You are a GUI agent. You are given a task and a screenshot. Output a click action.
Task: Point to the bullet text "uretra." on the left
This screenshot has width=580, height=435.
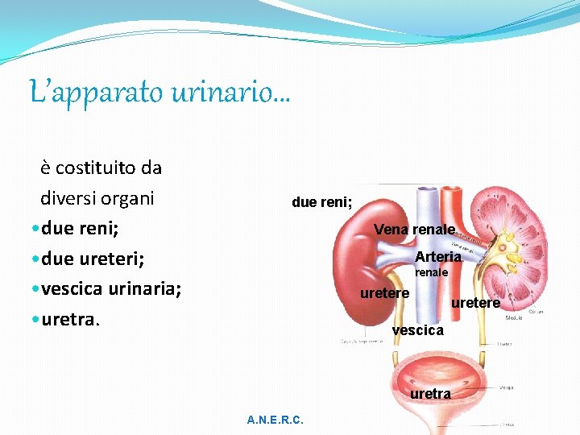(70, 320)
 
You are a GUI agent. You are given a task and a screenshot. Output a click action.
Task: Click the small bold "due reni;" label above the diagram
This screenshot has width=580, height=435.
(321, 202)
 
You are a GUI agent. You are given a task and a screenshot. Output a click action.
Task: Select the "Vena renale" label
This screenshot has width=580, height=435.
(414, 230)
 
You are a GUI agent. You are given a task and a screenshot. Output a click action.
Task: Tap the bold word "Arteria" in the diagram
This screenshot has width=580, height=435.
(438, 256)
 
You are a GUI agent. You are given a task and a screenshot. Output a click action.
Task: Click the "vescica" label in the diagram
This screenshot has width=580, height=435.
(417, 330)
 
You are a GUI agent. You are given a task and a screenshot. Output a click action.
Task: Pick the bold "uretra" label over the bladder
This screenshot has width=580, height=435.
(430, 394)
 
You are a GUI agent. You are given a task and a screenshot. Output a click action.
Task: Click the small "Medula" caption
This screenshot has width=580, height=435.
(513, 318)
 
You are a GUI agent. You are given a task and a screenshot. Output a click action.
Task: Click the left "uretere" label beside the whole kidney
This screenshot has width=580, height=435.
(384, 293)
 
